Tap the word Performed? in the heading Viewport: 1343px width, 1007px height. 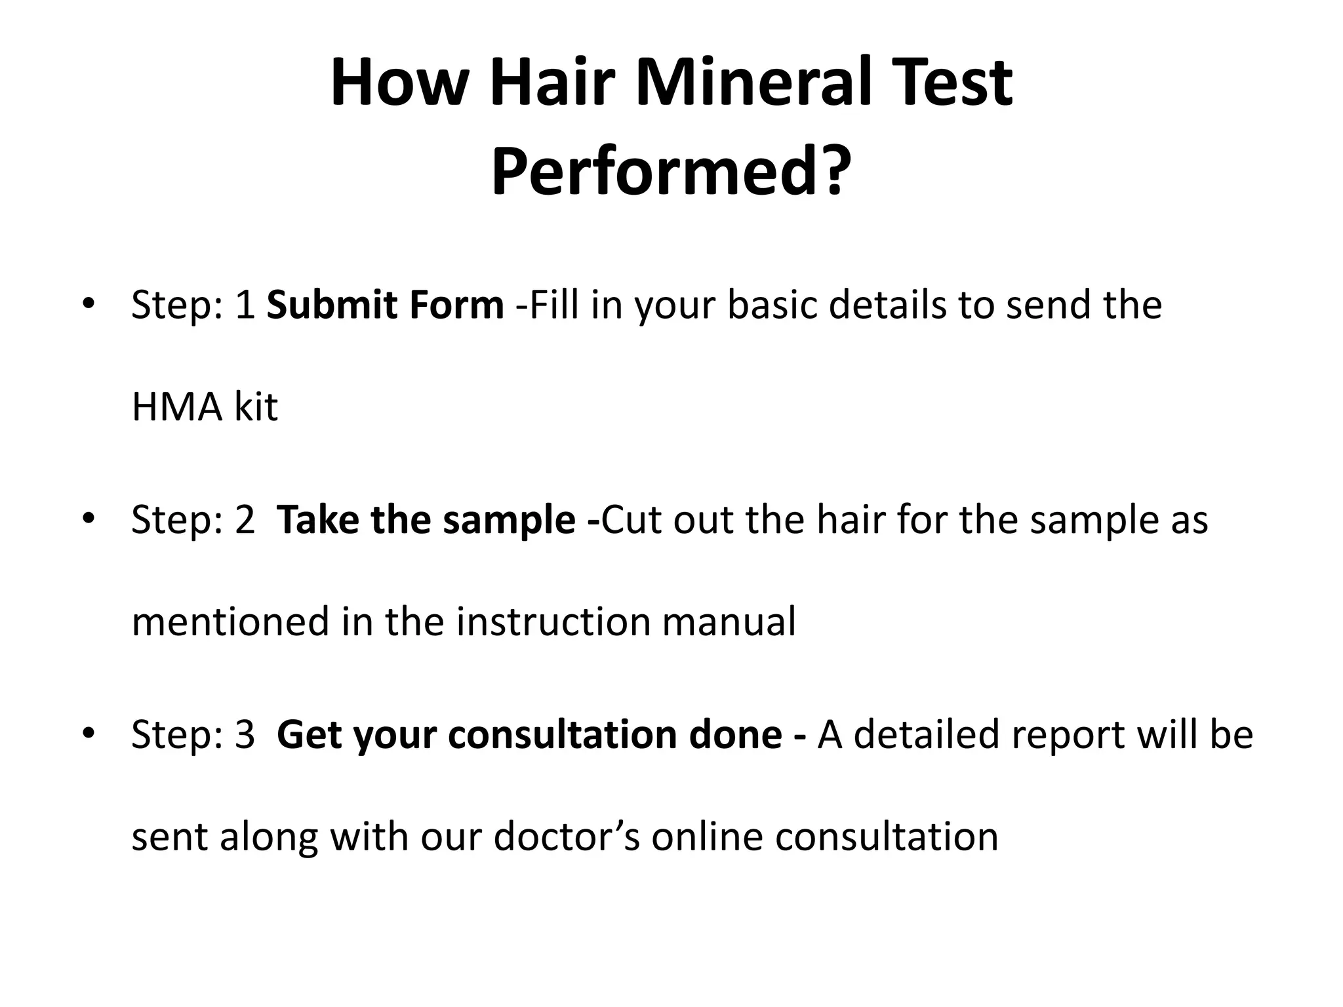click(x=671, y=172)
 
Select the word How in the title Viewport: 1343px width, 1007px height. click(x=395, y=83)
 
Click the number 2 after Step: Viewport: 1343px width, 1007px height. click(x=245, y=519)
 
